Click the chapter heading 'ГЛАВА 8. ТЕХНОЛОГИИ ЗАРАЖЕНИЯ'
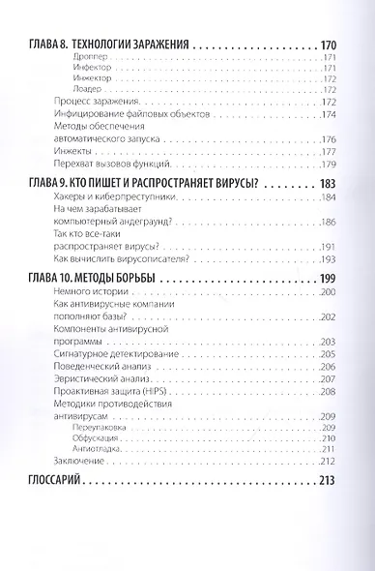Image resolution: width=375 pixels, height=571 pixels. click(x=104, y=45)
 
